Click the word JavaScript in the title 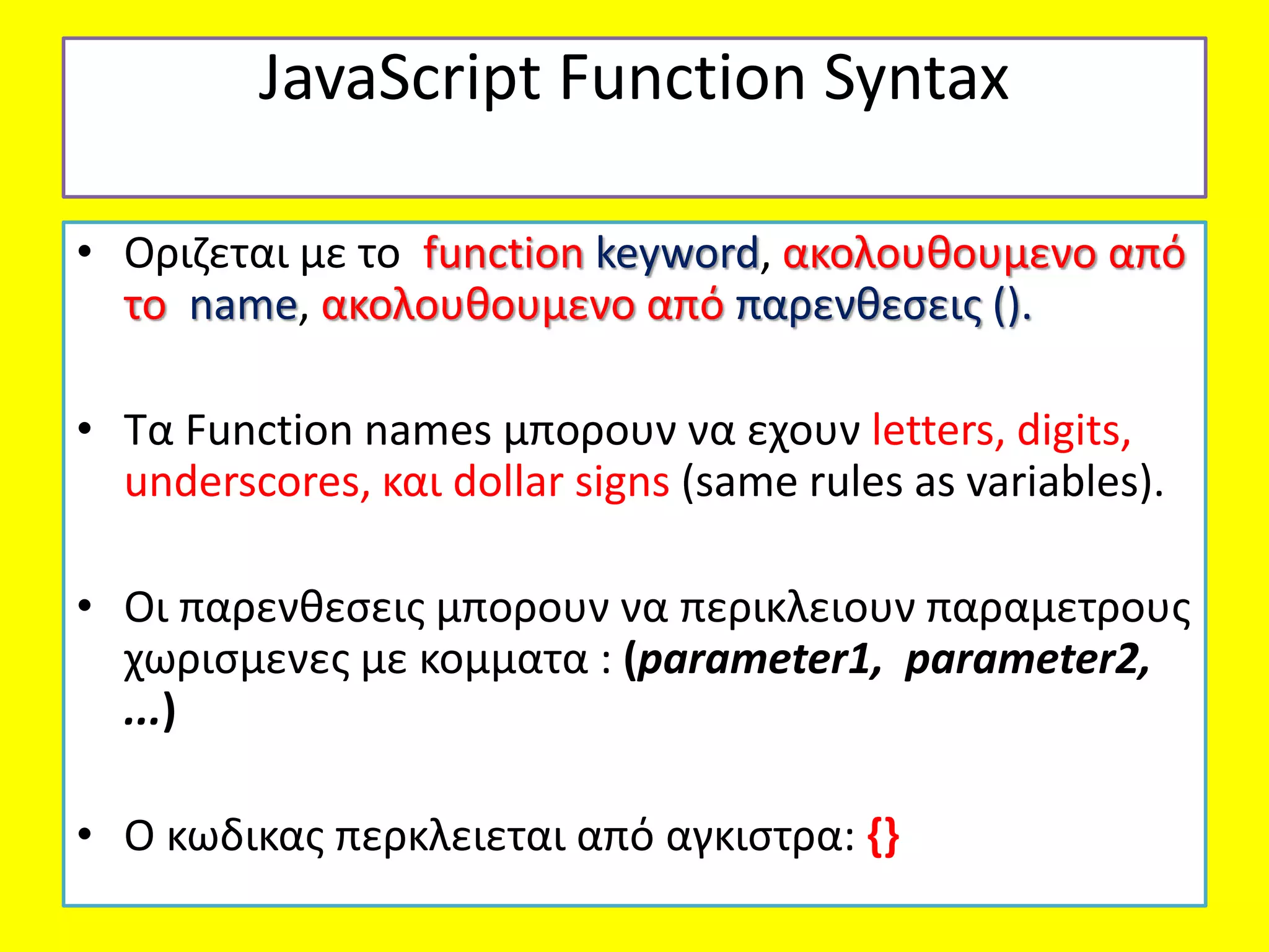point(400,79)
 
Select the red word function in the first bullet point(503,253)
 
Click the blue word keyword point(677,253)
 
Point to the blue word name point(244,306)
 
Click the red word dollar point(508,482)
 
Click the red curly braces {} point(883,836)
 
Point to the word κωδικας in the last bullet point(245,836)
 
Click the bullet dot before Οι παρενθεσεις point(85,606)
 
